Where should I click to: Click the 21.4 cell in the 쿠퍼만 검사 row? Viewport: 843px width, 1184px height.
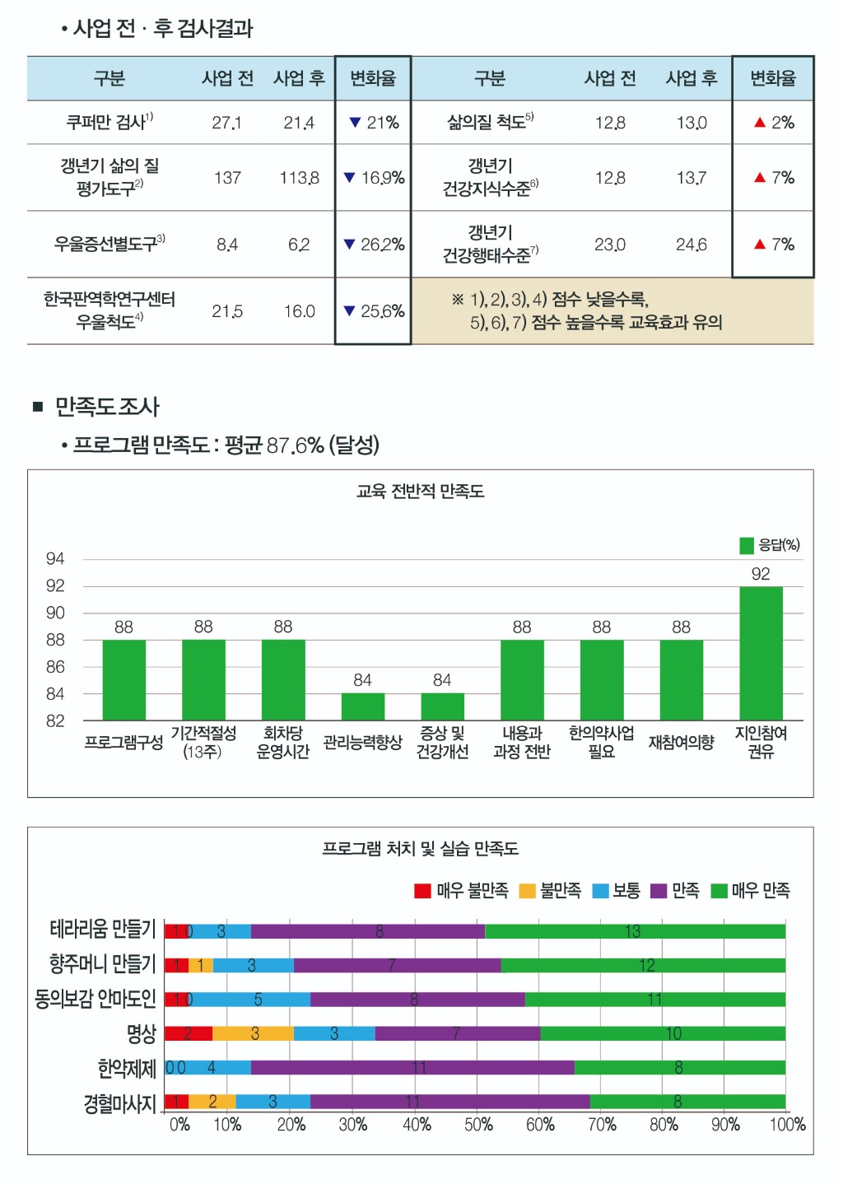[x=299, y=123]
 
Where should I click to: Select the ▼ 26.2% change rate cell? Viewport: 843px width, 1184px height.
[x=373, y=245]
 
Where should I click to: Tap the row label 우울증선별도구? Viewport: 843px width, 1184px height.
[x=109, y=244]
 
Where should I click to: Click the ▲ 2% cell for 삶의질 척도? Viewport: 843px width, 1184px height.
[x=773, y=123]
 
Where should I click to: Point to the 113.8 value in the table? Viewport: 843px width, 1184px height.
[x=299, y=178]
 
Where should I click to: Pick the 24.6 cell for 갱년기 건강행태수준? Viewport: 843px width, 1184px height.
[x=691, y=245]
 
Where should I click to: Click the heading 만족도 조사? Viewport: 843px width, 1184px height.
[x=107, y=407]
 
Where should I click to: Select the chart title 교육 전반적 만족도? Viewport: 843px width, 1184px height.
[x=420, y=492]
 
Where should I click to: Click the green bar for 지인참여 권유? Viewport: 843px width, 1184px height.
[x=761, y=653]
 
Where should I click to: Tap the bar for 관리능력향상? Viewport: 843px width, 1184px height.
[x=362, y=706]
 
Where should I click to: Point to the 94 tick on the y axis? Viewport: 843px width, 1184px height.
[x=55, y=559]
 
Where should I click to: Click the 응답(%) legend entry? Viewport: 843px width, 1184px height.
[x=770, y=545]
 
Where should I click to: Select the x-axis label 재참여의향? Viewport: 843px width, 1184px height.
[x=681, y=743]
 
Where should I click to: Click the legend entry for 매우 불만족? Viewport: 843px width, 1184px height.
[x=461, y=891]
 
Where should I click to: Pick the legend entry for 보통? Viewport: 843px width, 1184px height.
[x=617, y=891]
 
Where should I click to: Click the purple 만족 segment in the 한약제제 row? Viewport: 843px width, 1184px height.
[x=412, y=1067]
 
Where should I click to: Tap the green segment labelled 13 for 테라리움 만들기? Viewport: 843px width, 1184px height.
[x=635, y=931]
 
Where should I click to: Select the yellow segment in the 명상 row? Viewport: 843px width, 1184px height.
[x=253, y=1033]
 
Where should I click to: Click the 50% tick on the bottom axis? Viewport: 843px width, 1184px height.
[x=478, y=1125]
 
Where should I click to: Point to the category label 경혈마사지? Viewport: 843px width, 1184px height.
[x=119, y=1103]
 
